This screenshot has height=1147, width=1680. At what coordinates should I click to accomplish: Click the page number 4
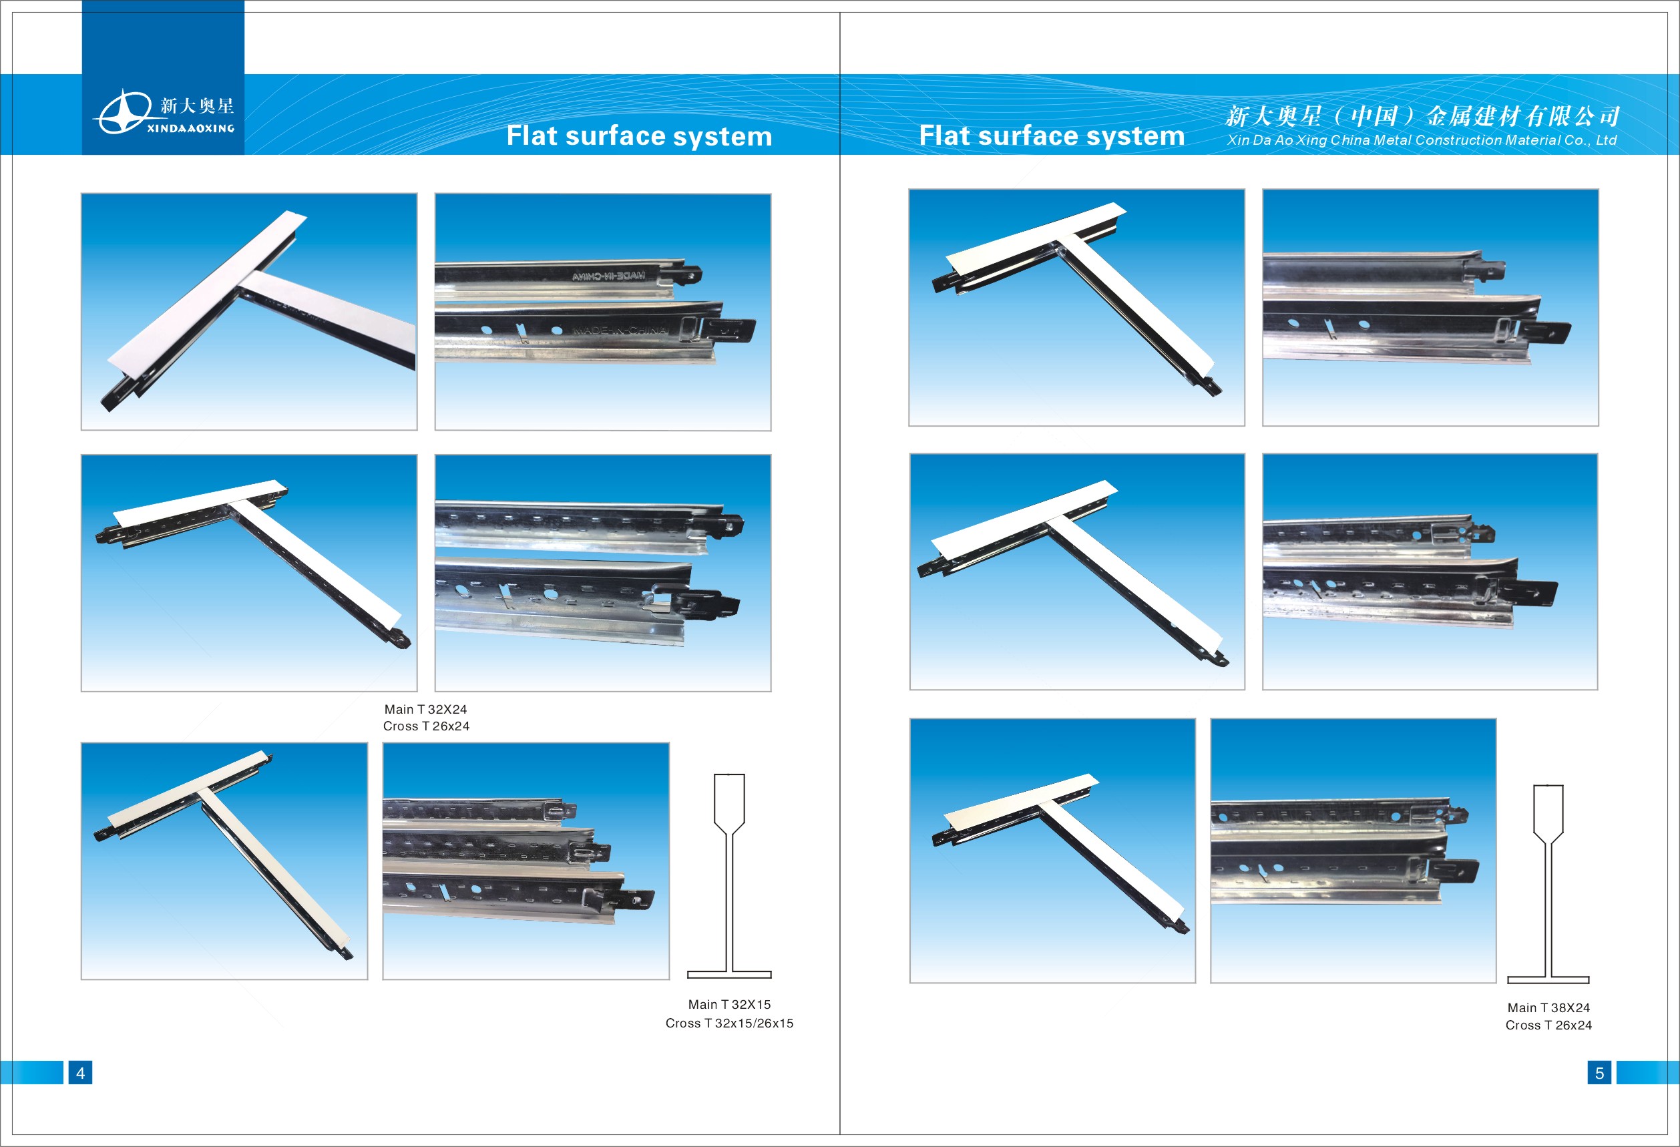(80, 1072)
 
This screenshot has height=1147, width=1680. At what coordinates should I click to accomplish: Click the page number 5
(1599, 1072)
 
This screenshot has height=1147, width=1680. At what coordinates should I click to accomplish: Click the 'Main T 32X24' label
(426, 709)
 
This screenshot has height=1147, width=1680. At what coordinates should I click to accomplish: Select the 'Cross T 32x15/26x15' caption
(729, 1023)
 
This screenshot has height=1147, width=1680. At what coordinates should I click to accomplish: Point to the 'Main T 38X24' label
(1548, 1007)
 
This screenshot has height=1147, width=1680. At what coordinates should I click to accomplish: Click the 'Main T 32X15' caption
(729, 1004)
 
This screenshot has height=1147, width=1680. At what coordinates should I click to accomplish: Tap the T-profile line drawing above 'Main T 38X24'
(1548, 883)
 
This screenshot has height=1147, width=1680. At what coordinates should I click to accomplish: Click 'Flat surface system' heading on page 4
(639, 136)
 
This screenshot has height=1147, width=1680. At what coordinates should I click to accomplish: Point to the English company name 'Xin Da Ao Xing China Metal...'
(1421, 140)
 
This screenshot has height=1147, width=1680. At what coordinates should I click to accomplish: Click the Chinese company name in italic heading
(1422, 116)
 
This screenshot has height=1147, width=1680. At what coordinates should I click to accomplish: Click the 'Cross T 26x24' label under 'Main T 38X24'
(1548, 1025)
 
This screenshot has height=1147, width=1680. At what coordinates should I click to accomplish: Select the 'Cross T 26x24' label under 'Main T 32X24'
(426, 726)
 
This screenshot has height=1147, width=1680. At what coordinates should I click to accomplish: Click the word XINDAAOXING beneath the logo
(191, 128)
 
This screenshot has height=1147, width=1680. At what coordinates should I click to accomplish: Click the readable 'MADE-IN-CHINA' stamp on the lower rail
(620, 330)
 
